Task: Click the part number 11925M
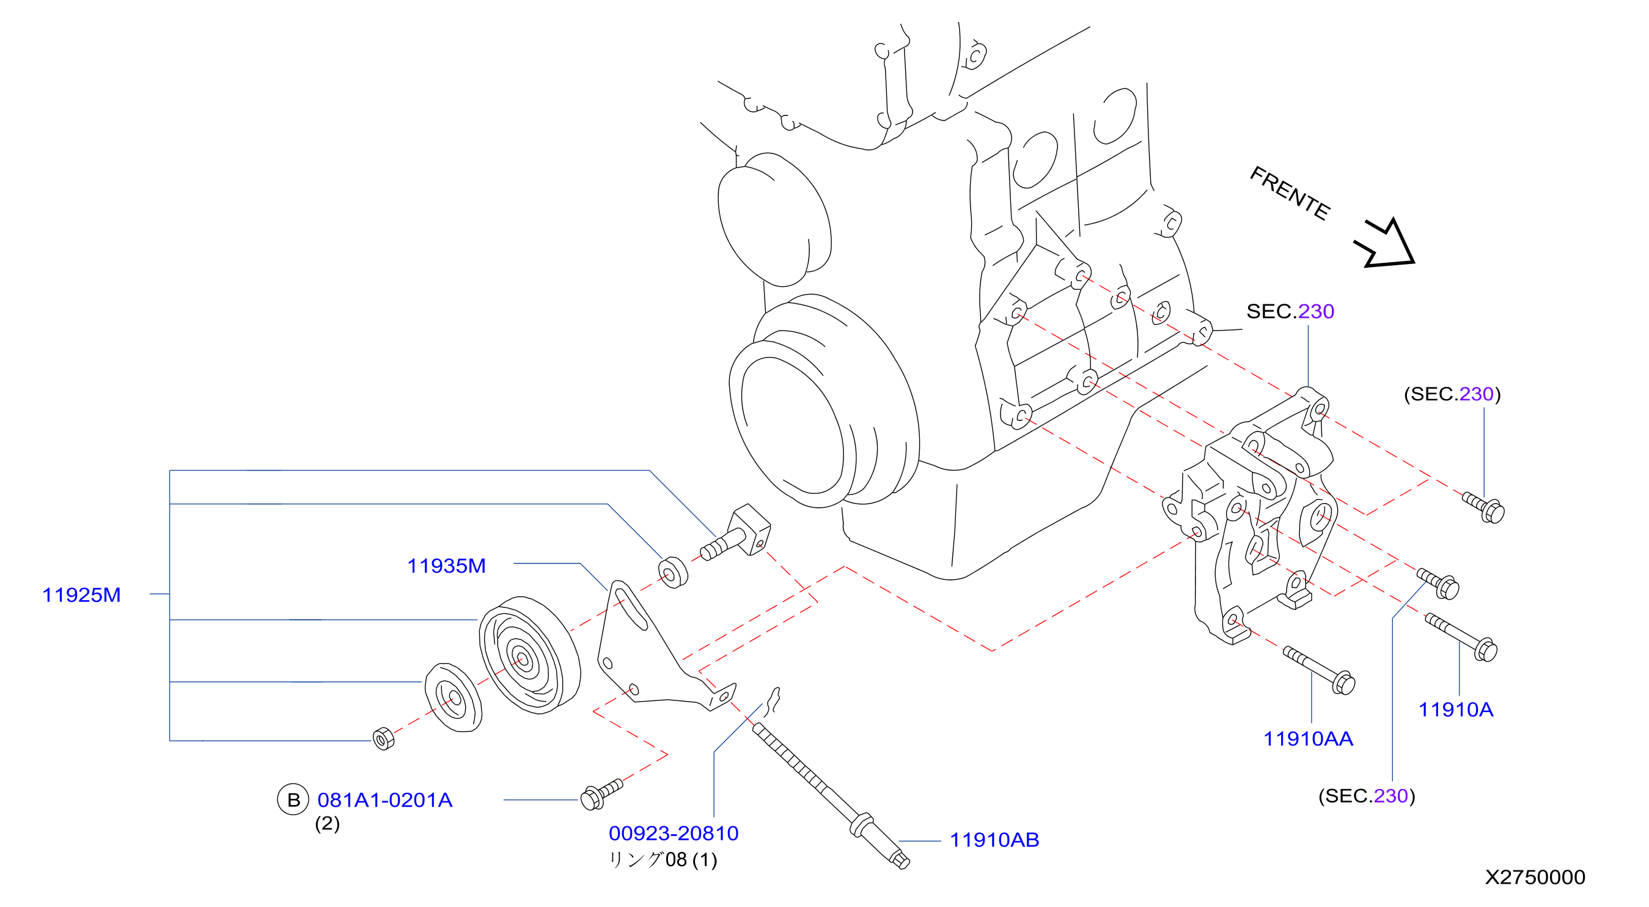[81, 595]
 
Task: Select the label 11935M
[446, 566]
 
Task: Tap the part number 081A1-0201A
[384, 800]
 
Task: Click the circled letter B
[293, 800]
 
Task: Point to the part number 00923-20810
[674, 834]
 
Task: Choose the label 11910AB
[994, 840]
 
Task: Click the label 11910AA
[1308, 740]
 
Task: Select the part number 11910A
[1456, 710]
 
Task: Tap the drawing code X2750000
[1535, 878]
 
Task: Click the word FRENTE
[1290, 193]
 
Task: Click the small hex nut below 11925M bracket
[383, 738]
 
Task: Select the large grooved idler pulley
[529, 655]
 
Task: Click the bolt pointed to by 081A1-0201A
[600, 795]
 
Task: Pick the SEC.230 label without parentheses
[1290, 312]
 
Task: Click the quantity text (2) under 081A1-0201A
[327, 824]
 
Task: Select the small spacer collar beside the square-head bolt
[673, 572]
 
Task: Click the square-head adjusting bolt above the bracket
[736, 532]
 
